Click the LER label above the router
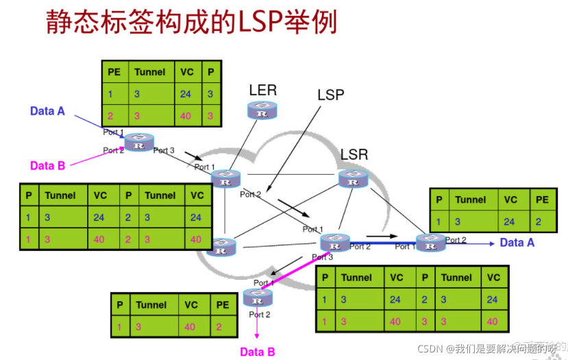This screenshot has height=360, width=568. tap(262, 90)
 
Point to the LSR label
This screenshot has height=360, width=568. tap(354, 154)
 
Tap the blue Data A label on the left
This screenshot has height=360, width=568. tap(47, 111)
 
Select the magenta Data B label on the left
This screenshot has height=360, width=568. tap(47, 165)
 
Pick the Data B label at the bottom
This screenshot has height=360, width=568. tap(257, 352)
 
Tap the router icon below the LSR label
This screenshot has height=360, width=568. tap(353, 178)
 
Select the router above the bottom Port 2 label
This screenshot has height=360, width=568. tap(258, 298)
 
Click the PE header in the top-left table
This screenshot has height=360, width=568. tap(114, 72)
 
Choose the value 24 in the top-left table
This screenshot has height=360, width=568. tap(186, 94)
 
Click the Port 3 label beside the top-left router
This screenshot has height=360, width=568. tap(164, 150)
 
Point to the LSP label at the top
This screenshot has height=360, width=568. tap(330, 95)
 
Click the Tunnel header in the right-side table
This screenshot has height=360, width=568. tap(471, 200)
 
